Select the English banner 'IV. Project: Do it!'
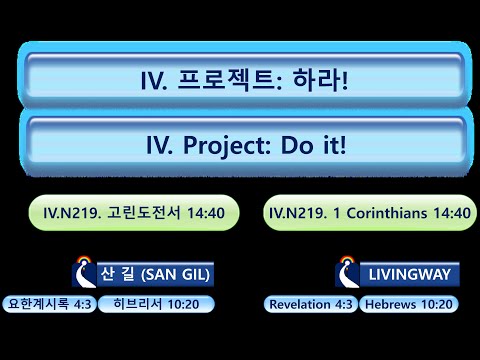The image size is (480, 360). (x=245, y=146)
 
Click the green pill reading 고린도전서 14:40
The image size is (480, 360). (x=140, y=212)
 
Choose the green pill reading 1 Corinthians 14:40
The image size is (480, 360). (x=369, y=212)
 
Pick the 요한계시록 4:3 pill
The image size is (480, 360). (x=50, y=303)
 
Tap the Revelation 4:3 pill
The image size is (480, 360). (x=310, y=303)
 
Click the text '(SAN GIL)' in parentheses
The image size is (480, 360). (x=178, y=274)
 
